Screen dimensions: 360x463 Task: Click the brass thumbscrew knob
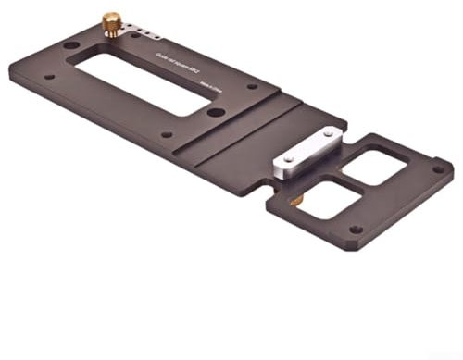(x=111, y=22)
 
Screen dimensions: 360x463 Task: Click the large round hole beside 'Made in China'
(x=214, y=112)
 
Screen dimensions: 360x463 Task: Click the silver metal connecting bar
(x=307, y=154)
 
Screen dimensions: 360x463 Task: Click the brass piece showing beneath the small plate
(x=294, y=200)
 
